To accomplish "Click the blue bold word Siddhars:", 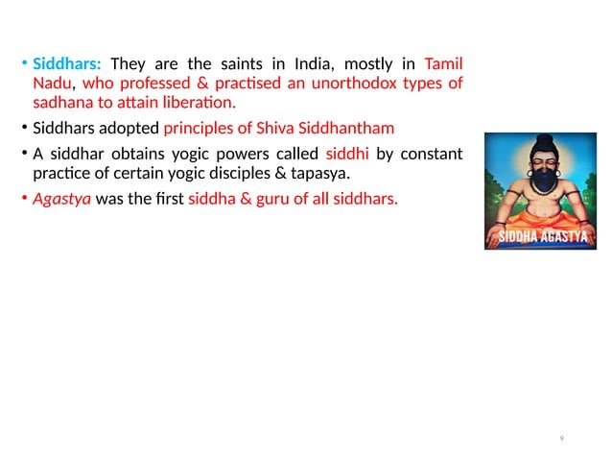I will point(67,65).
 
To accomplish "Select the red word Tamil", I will point(443,64).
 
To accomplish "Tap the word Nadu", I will point(49,84).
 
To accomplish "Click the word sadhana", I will point(61,103).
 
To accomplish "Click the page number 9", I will point(561,439).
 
